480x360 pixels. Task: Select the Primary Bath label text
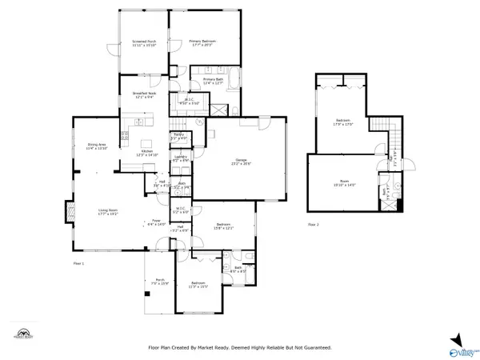point(213,81)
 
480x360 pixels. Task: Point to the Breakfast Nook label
point(144,95)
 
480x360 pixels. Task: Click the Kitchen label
point(147,152)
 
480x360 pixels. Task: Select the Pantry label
point(179,136)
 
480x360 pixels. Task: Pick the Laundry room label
point(180,158)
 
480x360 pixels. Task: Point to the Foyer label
point(155,223)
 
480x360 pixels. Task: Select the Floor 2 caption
point(314,225)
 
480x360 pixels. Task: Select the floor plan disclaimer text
point(239,347)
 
